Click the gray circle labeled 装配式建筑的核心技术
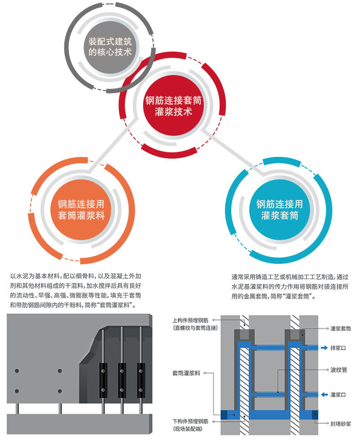click(110, 47)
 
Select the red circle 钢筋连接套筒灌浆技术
click(173, 106)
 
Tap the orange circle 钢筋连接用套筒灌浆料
click(81, 209)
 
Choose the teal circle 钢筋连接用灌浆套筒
click(279, 209)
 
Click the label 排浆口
click(338, 348)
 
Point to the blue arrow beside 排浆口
click(324, 348)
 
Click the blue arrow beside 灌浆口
click(324, 395)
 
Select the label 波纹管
click(338, 370)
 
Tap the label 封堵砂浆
click(341, 423)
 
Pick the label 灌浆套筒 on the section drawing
click(341, 328)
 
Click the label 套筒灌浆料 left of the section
click(186, 373)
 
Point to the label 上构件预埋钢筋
click(190, 321)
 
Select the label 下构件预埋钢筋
click(190, 421)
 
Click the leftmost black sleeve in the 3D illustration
click(103, 380)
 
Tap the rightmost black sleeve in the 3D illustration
click(141, 380)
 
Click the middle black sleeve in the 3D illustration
click(122, 380)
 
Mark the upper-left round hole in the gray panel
click(17, 371)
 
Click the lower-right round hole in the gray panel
click(60, 391)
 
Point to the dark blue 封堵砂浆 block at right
click(315, 414)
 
